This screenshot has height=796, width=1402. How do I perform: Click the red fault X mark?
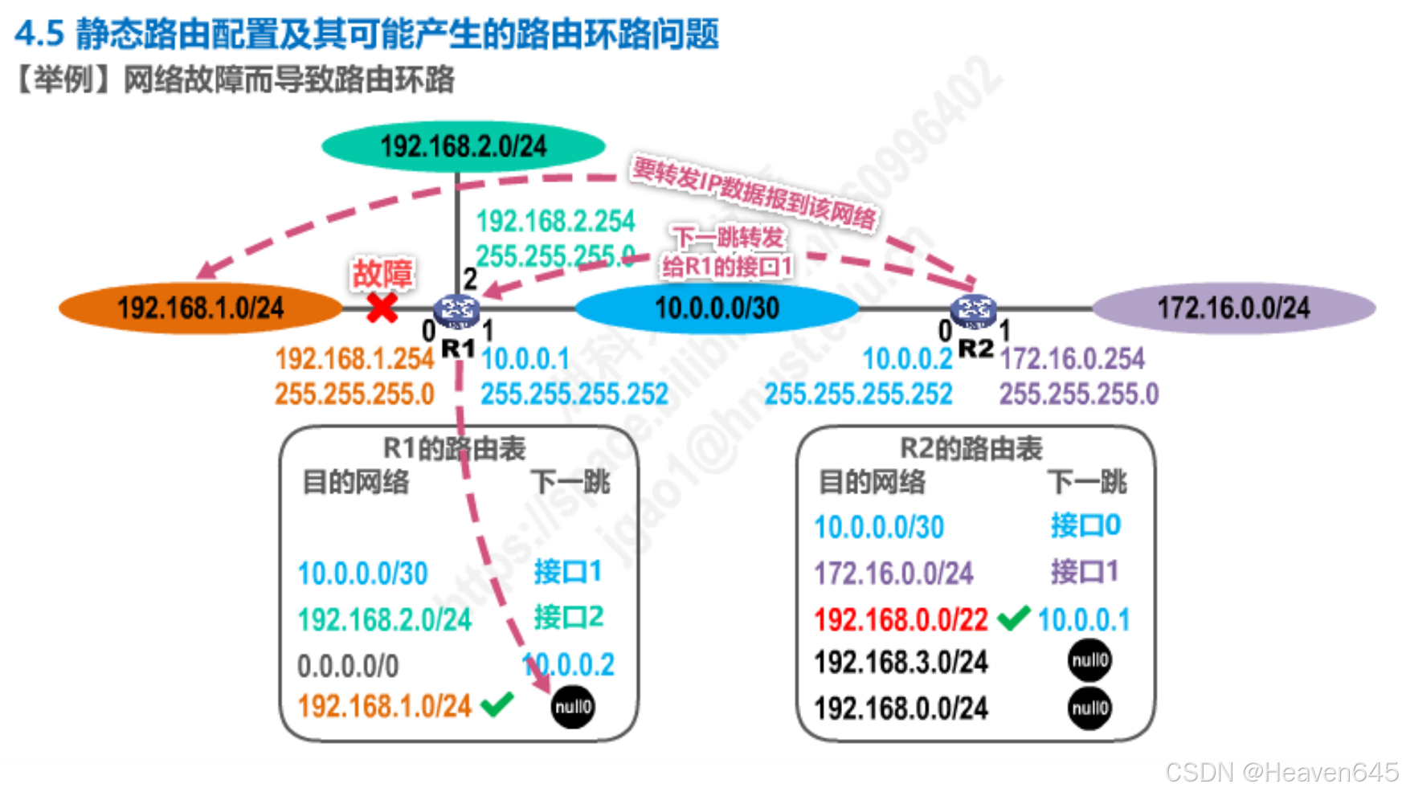coord(382,308)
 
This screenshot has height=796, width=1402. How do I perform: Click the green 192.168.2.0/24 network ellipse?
coord(463,146)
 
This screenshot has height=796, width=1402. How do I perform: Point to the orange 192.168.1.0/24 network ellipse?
coord(200,308)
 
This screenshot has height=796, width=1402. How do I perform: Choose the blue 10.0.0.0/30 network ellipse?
coord(717,308)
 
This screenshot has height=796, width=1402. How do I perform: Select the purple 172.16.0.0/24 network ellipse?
coord(1233,308)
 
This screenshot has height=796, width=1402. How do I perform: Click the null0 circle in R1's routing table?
coord(573,707)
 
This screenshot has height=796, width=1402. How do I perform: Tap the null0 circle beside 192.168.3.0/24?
coord(1089,660)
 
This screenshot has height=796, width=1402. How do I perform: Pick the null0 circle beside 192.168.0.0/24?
coord(1089,708)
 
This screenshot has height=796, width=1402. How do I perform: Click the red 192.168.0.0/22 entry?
coord(901,620)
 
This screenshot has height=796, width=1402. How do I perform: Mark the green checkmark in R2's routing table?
coord(1013,618)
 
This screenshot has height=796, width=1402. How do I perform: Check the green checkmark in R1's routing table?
coord(497,704)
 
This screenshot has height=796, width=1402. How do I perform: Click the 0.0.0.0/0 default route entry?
coord(348,666)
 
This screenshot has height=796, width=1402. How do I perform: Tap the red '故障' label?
coord(382,273)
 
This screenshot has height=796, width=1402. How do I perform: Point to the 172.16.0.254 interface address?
coord(1073,358)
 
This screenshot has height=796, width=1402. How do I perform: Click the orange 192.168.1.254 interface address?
coord(354,359)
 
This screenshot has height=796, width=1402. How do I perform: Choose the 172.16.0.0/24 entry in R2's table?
coord(893,574)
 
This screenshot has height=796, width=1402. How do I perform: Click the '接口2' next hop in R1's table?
coord(568,618)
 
